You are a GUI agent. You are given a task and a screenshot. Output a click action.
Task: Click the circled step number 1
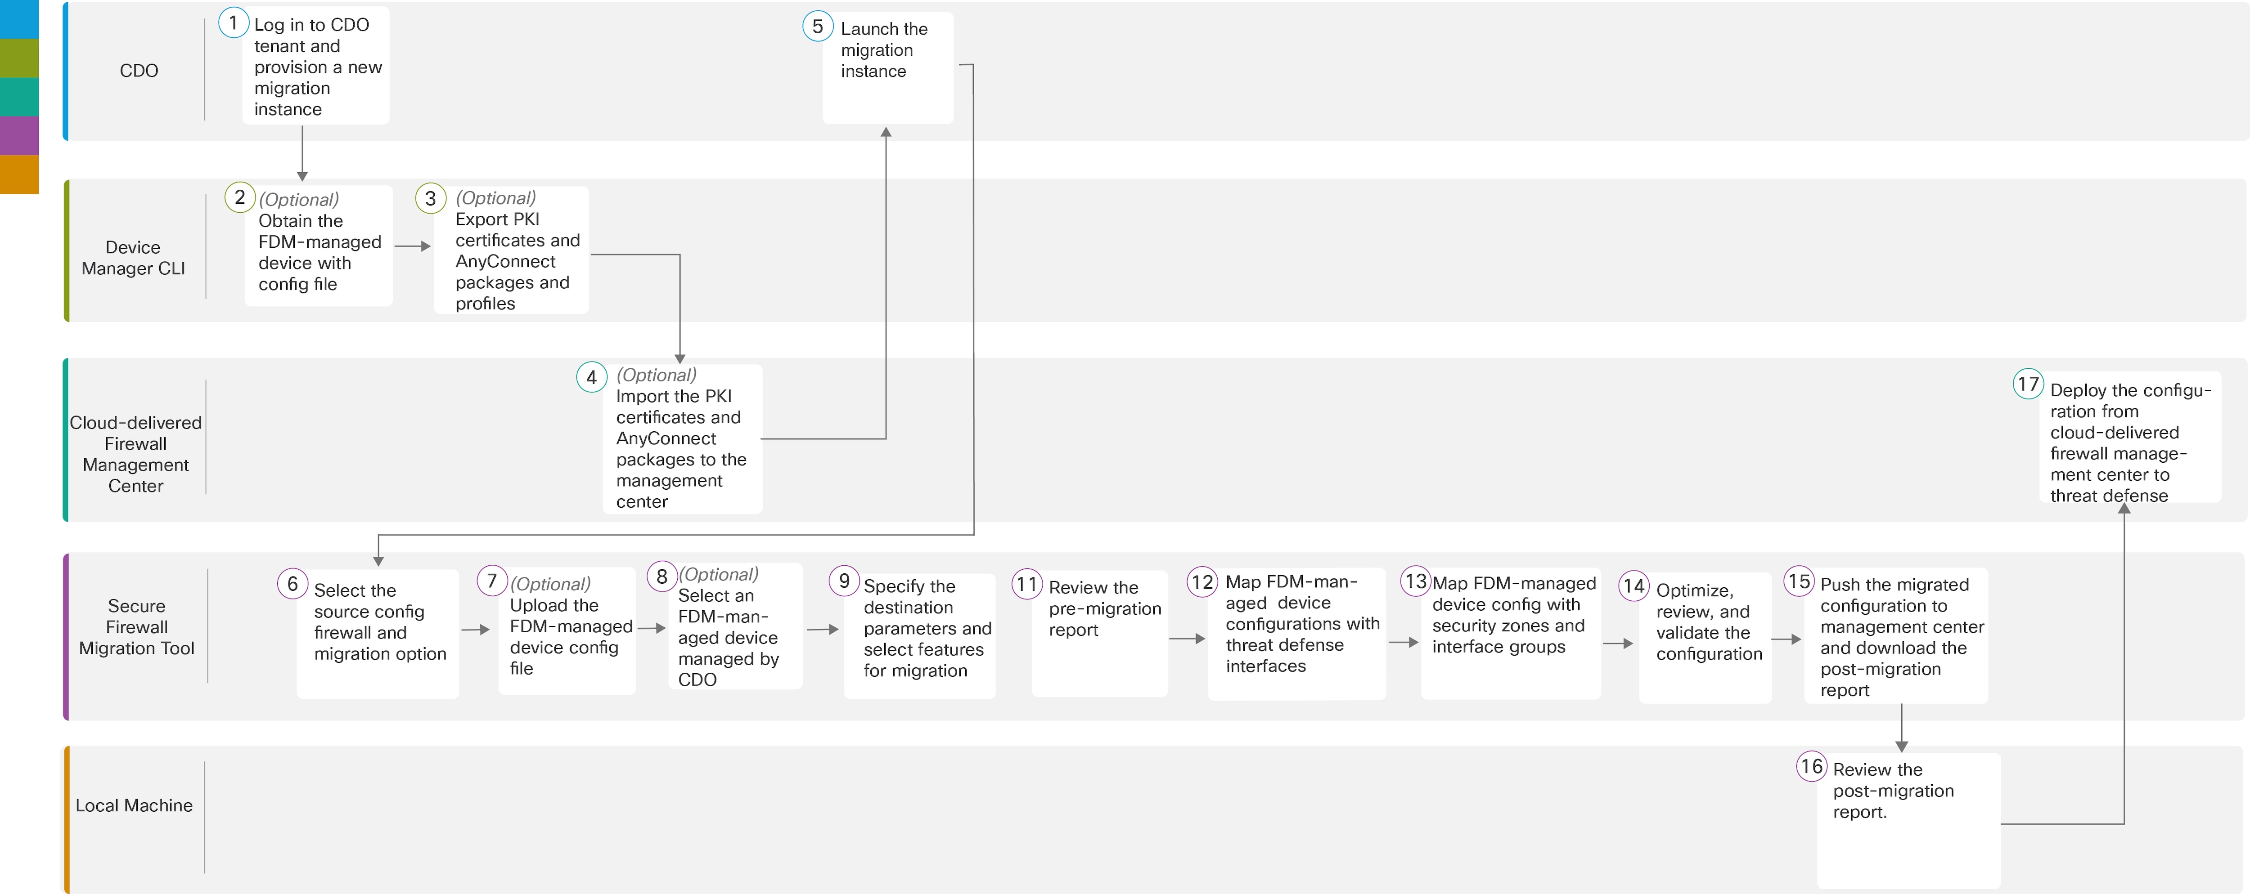point(233,22)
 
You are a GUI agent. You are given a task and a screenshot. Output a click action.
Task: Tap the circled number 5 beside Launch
point(818,26)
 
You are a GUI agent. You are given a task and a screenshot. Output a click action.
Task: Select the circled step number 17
point(2028,384)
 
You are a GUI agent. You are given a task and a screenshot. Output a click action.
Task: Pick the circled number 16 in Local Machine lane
point(1812,767)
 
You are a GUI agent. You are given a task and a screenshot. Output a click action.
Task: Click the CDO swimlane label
point(139,71)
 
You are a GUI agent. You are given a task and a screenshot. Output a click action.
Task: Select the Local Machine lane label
point(134,805)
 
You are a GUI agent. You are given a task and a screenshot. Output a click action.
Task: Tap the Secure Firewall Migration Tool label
point(136,627)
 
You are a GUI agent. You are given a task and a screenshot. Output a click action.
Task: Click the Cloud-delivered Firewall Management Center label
point(135,454)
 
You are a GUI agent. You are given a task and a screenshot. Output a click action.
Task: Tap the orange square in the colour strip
point(19,174)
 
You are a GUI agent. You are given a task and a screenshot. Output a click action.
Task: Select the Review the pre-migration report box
point(1100,633)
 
